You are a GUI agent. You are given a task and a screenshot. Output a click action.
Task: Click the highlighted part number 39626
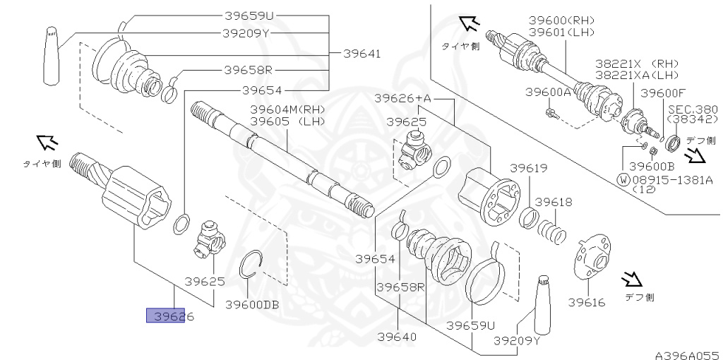pyautogui.click(x=174, y=317)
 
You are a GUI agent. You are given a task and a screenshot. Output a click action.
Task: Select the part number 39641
pyautogui.click(x=362, y=54)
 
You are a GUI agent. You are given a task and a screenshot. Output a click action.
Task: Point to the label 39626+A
pyautogui.click(x=403, y=99)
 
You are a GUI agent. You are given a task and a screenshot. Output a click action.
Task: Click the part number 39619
pyautogui.click(x=528, y=168)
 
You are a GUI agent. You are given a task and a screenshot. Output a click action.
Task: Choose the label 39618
pyautogui.click(x=554, y=202)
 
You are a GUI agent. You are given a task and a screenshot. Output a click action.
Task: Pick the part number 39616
pyautogui.click(x=587, y=302)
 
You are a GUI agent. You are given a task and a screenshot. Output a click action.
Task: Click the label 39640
pyautogui.click(x=397, y=337)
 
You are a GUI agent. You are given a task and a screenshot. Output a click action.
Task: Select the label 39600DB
pyautogui.click(x=252, y=304)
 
